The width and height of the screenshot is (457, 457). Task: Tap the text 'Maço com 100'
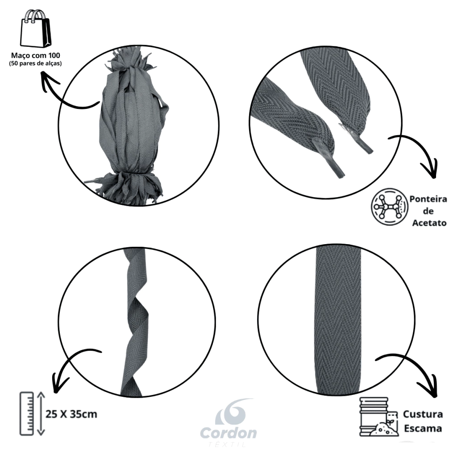pyautogui.click(x=36, y=55)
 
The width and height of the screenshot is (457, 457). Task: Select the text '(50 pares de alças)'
pyautogui.click(x=35, y=63)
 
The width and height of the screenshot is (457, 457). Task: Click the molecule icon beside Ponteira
pyautogui.click(x=389, y=207)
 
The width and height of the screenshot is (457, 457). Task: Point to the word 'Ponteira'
pyautogui.click(x=428, y=199)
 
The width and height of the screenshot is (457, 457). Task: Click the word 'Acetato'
pyautogui.click(x=429, y=223)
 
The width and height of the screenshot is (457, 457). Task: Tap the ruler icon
pyautogui.click(x=27, y=414)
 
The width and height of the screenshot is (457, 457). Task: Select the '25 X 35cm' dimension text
pyautogui.click(x=71, y=414)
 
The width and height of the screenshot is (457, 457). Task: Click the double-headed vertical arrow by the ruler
pyautogui.click(x=41, y=414)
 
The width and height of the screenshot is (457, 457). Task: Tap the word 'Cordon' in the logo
pyautogui.click(x=228, y=433)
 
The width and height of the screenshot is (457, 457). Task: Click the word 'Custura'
pyautogui.click(x=423, y=414)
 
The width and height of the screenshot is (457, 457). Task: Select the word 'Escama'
pyautogui.click(x=423, y=428)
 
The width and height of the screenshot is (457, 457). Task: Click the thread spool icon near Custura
pyautogui.click(x=378, y=417)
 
